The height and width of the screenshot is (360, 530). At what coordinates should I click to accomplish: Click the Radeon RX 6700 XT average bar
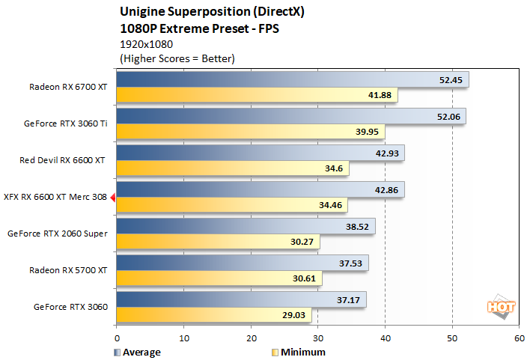pos(292,79)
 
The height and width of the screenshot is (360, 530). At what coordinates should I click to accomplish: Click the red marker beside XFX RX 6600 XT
pos(112,198)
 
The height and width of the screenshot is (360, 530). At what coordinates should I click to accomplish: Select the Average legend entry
pos(138,352)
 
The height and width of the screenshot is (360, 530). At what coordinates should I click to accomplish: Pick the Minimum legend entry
pos(299,352)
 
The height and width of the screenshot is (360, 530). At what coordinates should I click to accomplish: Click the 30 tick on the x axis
pos(317,338)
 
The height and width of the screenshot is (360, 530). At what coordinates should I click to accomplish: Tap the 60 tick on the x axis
pos(519,338)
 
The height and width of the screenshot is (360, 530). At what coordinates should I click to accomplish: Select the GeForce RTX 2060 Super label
pos(58,234)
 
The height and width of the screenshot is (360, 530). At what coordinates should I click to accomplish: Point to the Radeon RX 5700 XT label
pos(68,270)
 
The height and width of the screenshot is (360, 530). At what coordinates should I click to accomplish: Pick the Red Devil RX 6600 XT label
pos(63,160)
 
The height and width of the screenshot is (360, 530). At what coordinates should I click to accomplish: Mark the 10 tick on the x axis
pos(183,338)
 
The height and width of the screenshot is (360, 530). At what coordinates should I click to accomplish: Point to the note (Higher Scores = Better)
pos(177,58)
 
